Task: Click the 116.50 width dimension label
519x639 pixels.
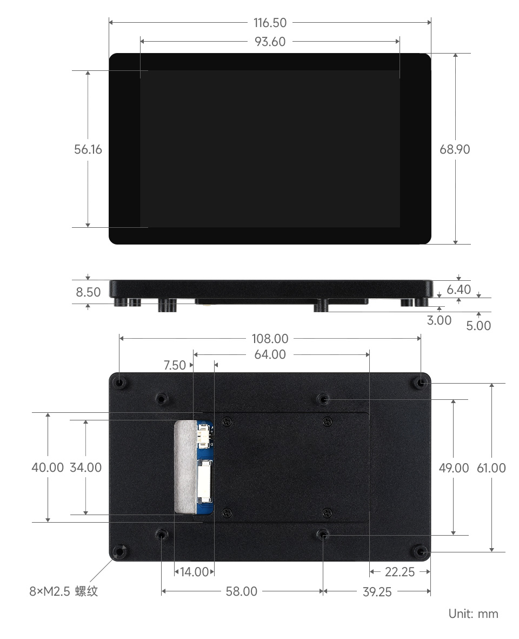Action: click(x=270, y=23)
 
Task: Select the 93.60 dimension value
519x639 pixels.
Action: click(x=270, y=42)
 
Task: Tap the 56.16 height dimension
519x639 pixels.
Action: click(x=88, y=149)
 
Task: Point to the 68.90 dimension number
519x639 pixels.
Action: click(x=455, y=149)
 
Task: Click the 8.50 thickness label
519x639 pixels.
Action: click(x=88, y=292)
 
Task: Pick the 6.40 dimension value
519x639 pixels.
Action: click(x=458, y=289)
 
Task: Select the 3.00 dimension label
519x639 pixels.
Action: click(x=439, y=320)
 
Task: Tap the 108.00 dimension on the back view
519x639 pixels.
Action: click(x=270, y=339)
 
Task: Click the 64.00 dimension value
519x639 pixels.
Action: click(x=270, y=354)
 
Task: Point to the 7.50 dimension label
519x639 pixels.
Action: click(x=175, y=365)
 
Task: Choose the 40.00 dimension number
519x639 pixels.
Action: click(x=48, y=467)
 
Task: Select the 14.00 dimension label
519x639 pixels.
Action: click(x=194, y=571)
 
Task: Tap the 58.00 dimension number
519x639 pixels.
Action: click(x=241, y=591)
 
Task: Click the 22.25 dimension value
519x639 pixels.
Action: click(x=400, y=572)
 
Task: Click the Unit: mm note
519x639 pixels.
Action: click(x=473, y=614)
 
